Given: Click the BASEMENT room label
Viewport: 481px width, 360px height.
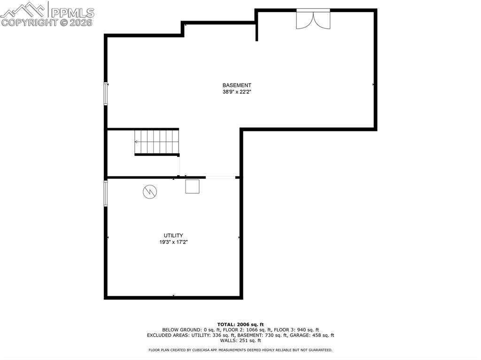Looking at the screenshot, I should click(x=237, y=85).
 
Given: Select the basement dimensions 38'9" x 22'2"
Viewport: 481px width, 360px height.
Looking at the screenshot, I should click(x=237, y=92).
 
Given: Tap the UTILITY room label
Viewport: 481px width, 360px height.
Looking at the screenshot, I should click(x=173, y=235).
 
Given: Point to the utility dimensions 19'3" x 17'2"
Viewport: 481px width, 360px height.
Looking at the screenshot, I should click(x=173, y=242).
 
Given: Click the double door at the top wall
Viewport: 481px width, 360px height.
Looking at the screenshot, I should click(x=313, y=19).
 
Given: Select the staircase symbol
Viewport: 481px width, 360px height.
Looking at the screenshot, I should click(x=157, y=142).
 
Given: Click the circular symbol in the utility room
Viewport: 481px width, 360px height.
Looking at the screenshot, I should click(x=150, y=191).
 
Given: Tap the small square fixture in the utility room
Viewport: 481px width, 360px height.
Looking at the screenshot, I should click(x=192, y=186).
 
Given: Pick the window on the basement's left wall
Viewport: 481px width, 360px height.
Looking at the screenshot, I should click(x=106, y=93).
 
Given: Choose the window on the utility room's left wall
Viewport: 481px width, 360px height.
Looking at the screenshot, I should click(x=106, y=193).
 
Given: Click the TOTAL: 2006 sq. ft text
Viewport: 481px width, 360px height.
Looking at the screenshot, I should click(x=240, y=324).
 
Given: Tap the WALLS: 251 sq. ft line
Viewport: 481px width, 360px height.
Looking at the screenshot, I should click(x=240, y=340).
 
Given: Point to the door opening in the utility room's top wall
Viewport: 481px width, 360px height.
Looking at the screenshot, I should click(x=221, y=177).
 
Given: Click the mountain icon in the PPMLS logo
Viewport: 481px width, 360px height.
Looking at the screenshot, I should click(x=23, y=9).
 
